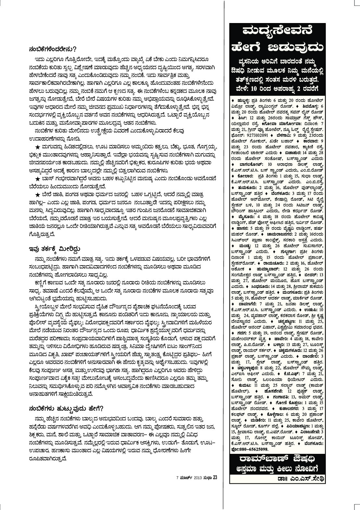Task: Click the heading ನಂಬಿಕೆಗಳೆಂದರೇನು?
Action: (52, 49)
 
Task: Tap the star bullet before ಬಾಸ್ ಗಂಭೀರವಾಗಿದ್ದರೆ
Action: (38, 179)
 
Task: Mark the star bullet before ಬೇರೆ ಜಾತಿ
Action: (38, 194)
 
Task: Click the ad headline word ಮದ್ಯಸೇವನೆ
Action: (276, 32)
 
